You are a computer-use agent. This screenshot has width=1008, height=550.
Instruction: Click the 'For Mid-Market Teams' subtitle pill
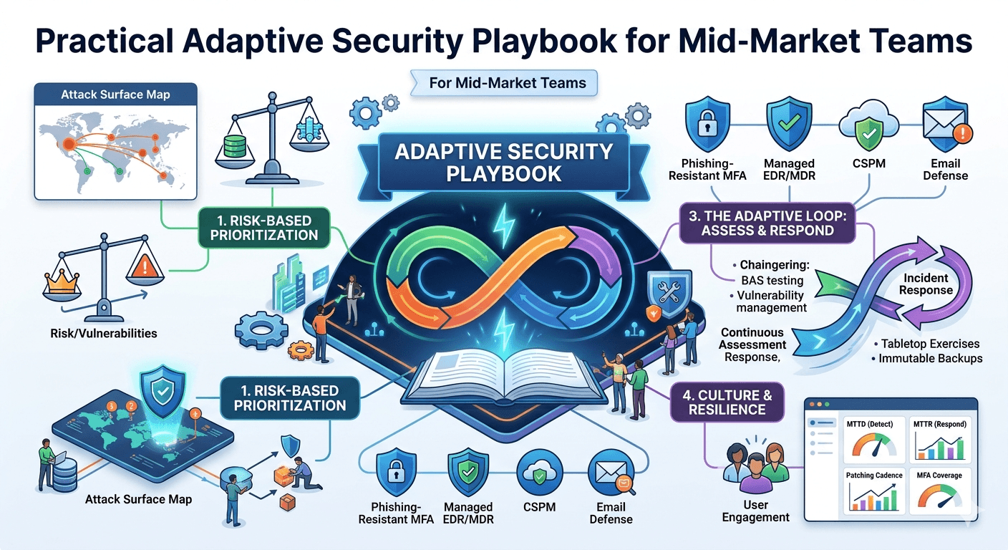507,82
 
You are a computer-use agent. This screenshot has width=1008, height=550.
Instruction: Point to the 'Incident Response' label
926,284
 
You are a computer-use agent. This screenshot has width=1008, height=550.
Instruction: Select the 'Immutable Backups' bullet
931,358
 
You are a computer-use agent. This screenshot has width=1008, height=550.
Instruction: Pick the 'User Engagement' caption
756,511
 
